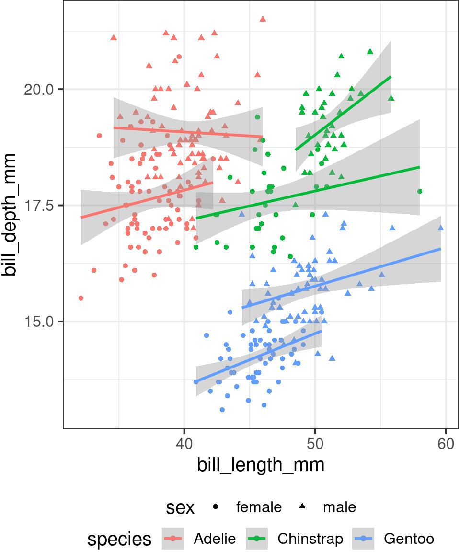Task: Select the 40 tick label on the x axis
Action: click(x=184, y=444)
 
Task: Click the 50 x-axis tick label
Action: click(x=315, y=444)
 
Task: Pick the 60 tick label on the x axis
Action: click(x=446, y=444)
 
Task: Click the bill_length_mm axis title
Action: click(x=261, y=465)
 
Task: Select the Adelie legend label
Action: click(x=215, y=539)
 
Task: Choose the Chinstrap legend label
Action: click(x=310, y=539)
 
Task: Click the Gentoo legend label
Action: click(x=409, y=539)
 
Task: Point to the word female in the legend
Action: click(x=259, y=507)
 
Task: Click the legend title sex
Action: click(x=180, y=508)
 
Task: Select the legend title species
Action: click(x=119, y=540)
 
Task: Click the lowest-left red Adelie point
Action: click(x=80, y=298)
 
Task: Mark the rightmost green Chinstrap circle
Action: click(x=420, y=191)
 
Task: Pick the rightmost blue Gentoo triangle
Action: click(x=441, y=228)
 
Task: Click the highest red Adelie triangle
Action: click(x=263, y=19)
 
